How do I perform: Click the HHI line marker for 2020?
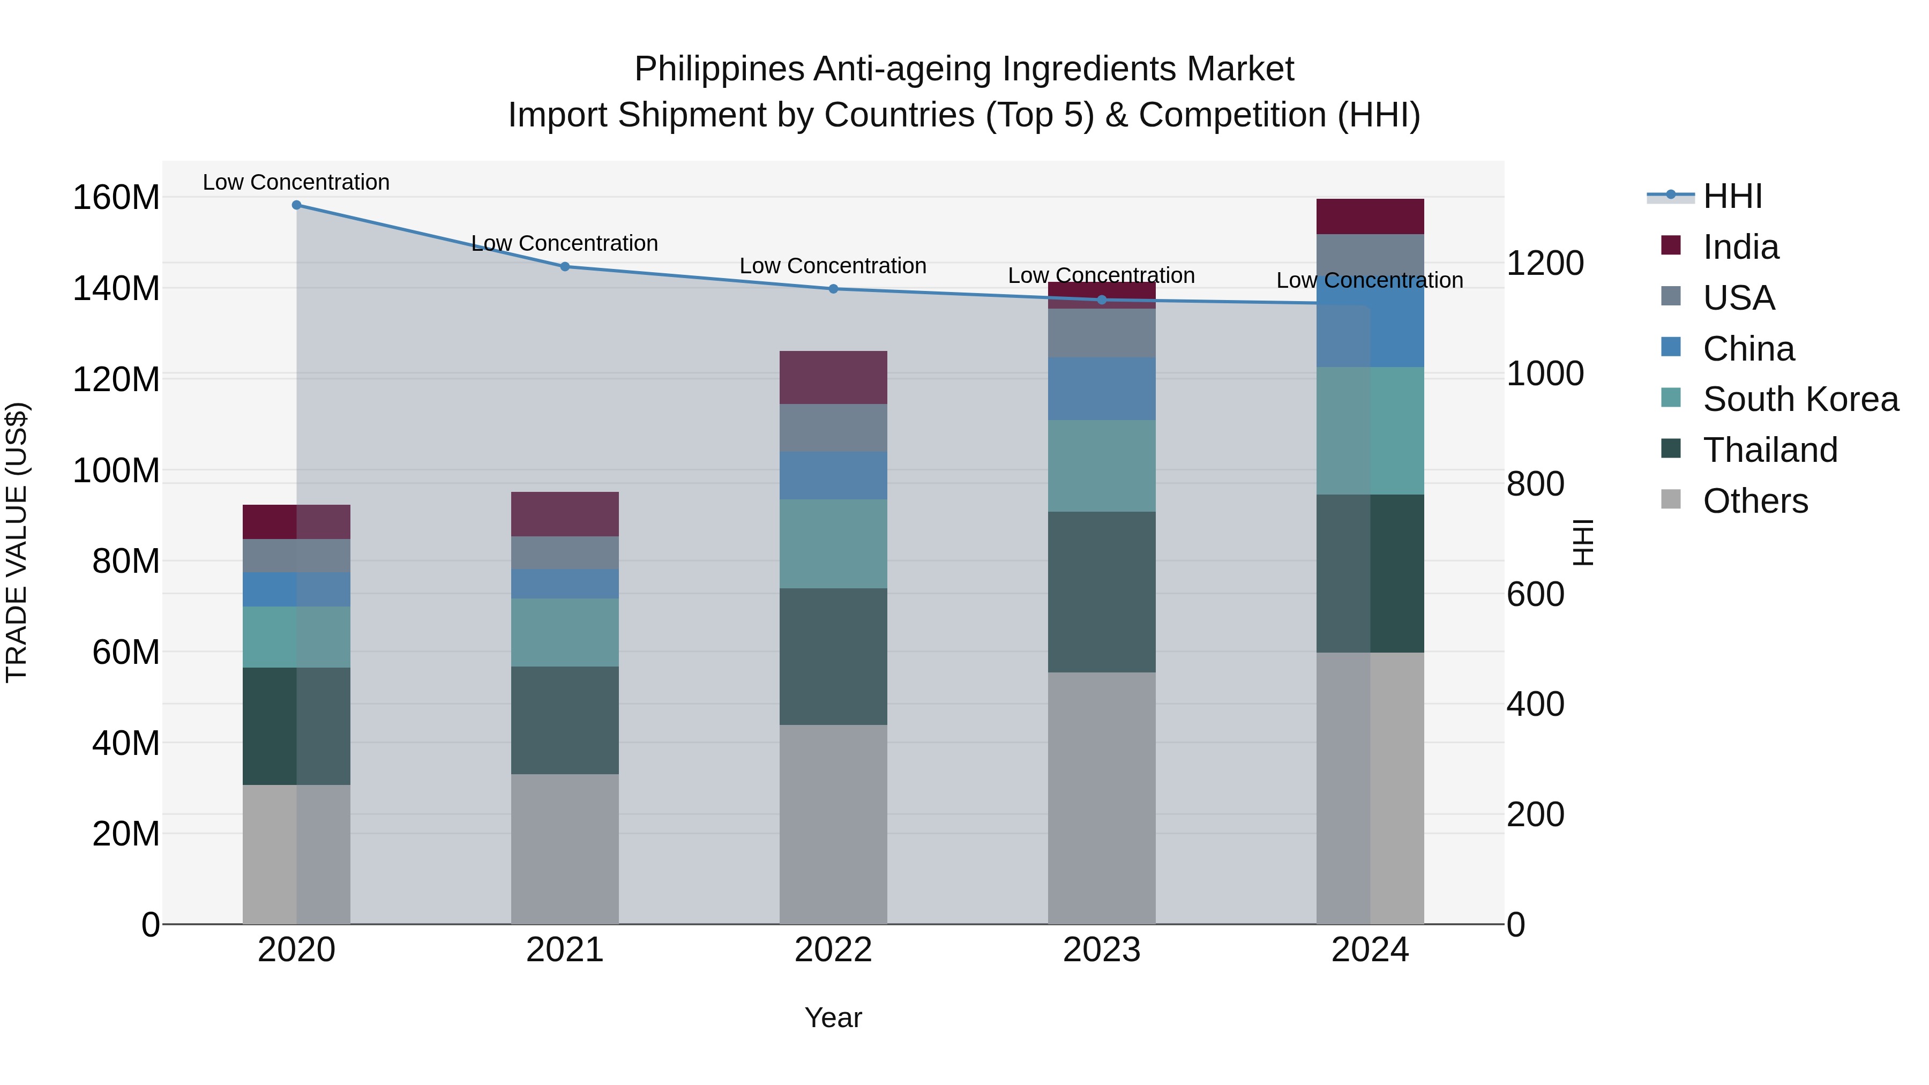click(x=296, y=205)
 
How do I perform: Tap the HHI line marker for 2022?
click(x=833, y=289)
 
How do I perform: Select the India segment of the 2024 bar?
click(x=1370, y=216)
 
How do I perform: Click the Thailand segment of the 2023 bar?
click(x=1102, y=592)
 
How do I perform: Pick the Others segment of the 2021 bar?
click(x=565, y=848)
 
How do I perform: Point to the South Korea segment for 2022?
click(x=833, y=544)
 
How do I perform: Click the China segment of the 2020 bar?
click(x=296, y=589)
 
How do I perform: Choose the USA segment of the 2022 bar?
click(x=833, y=428)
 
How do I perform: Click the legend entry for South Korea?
click(x=1800, y=399)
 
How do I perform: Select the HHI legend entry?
click(x=1732, y=196)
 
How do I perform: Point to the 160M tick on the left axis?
click(x=116, y=198)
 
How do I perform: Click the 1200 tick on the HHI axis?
click(x=1544, y=264)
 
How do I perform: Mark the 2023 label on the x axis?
click(x=1102, y=950)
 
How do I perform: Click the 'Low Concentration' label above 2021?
click(x=565, y=243)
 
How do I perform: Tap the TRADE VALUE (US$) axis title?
click(x=17, y=542)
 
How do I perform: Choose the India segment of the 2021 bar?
click(x=565, y=514)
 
